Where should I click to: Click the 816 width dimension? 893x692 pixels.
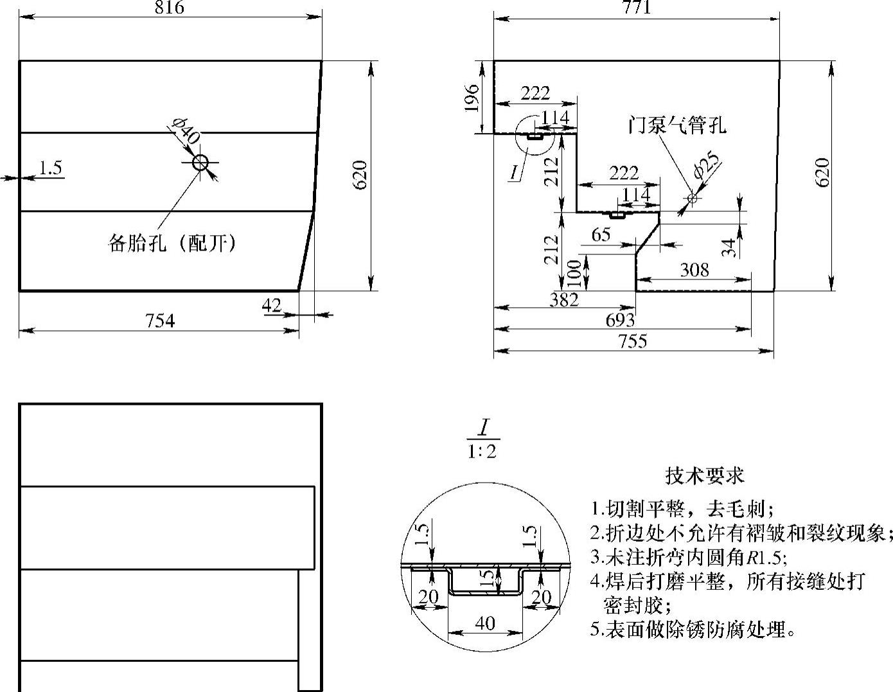170,8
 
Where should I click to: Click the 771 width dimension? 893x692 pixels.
637,8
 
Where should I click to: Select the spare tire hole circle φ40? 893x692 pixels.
200,163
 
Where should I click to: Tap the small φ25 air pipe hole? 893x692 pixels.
692,199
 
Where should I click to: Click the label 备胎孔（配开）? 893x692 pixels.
172,244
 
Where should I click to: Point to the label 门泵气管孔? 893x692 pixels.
677,125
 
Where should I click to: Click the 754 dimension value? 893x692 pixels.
159,321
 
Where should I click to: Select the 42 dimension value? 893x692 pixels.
272,305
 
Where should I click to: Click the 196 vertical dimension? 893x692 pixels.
472,97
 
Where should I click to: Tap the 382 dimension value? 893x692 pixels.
564,299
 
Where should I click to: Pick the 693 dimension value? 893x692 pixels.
620,320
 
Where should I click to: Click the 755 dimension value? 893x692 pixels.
633,341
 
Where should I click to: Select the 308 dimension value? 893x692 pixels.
694,270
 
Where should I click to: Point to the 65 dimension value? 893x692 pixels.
601,235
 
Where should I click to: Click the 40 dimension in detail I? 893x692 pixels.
485,623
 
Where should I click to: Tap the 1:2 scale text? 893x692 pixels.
482,452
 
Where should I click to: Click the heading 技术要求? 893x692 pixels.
705,476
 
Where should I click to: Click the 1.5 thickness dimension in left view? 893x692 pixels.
50,168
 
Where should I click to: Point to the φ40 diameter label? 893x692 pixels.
186,132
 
